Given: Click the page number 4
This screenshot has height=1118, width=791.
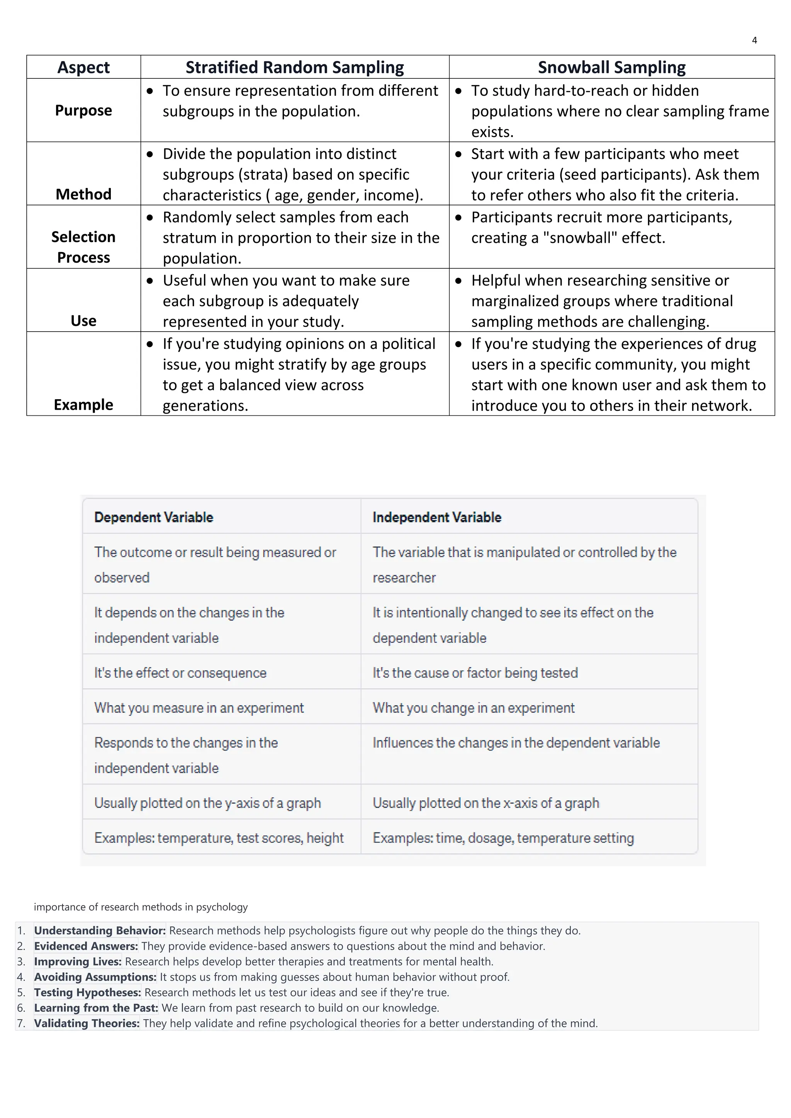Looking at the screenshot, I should click(x=754, y=41).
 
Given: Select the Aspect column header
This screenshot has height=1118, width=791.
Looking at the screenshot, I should click(x=83, y=67).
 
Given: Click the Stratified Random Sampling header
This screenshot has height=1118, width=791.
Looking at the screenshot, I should click(x=295, y=67).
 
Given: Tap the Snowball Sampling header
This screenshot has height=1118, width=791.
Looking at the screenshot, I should click(x=611, y=67).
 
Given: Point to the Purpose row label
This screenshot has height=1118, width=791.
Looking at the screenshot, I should click(x=83, y=110).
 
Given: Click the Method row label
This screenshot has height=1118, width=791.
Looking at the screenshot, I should click(x=83, y=194).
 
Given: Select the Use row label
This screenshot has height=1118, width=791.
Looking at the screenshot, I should click(x=83, y=321).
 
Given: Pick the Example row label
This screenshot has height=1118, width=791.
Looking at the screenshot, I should click(x=83, y=405).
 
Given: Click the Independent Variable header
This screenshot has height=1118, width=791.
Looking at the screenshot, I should click(x=436, y=517).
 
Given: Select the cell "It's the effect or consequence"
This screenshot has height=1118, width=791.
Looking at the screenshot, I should click(x=180, y=673).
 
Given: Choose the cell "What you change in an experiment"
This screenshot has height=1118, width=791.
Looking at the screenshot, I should click(x=474, y=708).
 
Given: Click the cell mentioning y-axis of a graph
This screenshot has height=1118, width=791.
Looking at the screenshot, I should click(x=207, y=803).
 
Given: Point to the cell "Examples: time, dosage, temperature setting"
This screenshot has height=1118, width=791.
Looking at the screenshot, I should click(x=503, y=838).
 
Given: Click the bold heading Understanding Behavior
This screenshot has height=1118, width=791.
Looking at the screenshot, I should click(x=100, y=930).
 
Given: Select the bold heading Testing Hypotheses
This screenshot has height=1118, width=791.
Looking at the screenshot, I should click(x=88, y=993).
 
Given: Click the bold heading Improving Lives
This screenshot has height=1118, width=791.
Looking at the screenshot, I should click(x=78, y=961).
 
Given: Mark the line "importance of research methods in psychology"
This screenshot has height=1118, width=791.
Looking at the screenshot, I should click(x=141, y=907).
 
